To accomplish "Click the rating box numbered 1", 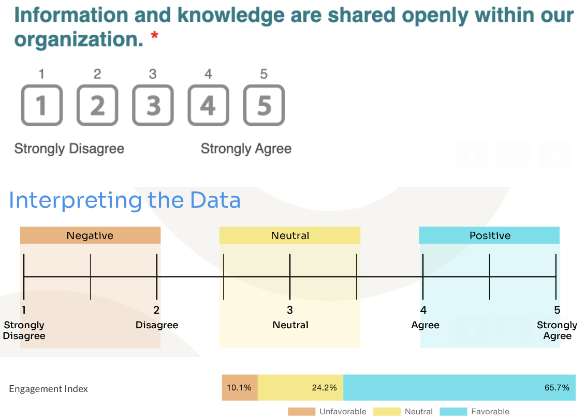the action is point(42,105).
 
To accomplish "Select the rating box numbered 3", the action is point(153,105).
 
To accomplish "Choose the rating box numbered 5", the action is point(264,105).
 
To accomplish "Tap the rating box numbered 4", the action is point(209,105).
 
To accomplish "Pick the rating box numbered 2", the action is point(97,105).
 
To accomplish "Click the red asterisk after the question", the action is point(154,36).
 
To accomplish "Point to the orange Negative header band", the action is point(91,235).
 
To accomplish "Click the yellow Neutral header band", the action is point(290,235).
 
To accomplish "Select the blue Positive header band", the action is point(489,235).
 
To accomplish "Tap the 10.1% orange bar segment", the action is point(240,387).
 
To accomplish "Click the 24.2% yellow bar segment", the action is point(300,387).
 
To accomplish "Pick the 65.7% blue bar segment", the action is point(459,387).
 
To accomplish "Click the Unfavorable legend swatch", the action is point(302,411).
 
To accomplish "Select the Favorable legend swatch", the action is point(453,411).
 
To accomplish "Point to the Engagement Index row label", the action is point(49,389).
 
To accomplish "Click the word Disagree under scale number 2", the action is point(157,325).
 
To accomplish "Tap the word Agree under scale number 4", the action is point(426,325).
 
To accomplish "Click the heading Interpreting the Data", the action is point(125,200).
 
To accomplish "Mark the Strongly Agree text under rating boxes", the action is point(246,149).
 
